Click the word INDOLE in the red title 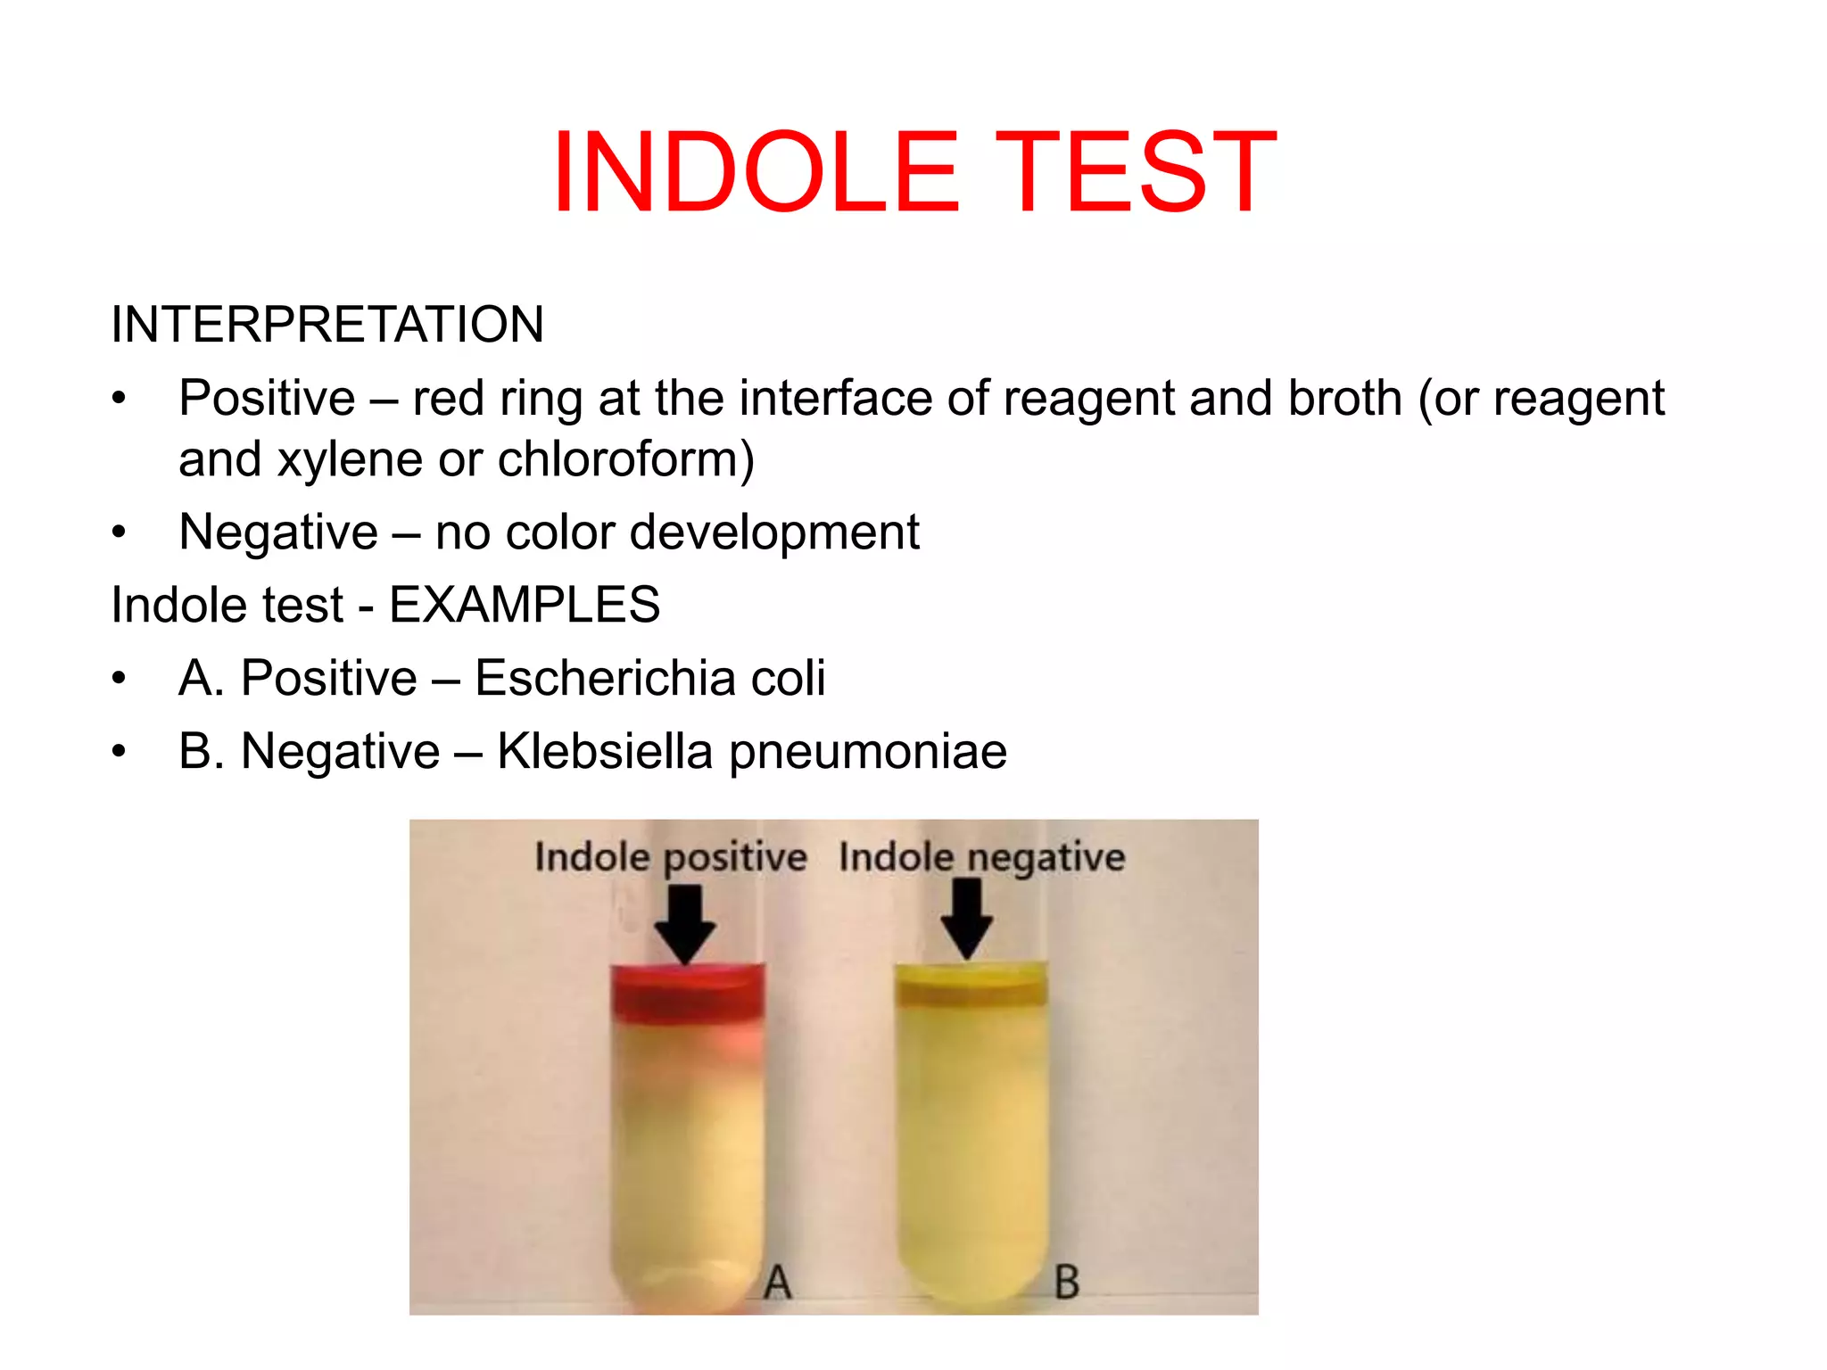pyautogui.click(x=756, y=171)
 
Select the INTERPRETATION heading pyautogui.click(x=327, y=324)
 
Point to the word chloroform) pyautogui.click(x=625, y=460)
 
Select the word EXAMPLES pyautogui.click(x=525, y=605)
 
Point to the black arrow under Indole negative pyautogui.click(x=967, y=919)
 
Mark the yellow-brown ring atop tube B pyautogui.click(x=971, y=990)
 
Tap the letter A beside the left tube pyautogui.click(x=778, y=1283)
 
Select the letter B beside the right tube pyautogui.click(x=1067, y=1283)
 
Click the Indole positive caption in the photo pyautogui.click(x=671, y=857)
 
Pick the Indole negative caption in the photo pyautogui.click(x=982, y=857)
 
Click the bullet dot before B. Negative pyautogui.click(x=120, y=752)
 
